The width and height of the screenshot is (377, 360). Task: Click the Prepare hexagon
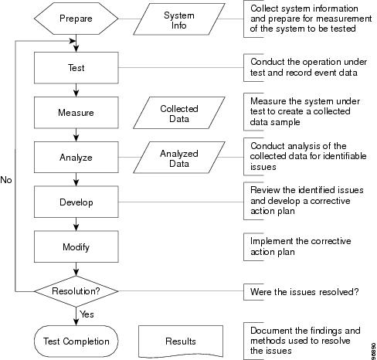[76, 19]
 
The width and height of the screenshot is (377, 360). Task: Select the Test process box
[76, 68]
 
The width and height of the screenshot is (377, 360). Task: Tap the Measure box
[76, 113]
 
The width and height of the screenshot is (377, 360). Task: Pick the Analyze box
[76, 157]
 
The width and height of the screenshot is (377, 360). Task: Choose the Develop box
[76, 202]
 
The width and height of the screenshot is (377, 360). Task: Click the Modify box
[76, 246]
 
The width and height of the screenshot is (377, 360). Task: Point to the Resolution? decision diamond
[76, 291]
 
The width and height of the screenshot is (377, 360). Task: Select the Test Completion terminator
[76, 341]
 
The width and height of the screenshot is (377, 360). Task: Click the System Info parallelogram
[179, 19]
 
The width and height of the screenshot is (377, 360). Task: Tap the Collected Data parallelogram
[179, 113]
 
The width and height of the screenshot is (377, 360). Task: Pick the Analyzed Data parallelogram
[179, 158]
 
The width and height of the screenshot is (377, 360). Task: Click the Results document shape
[181, 341]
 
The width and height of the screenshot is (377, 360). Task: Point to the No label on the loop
[6, 180]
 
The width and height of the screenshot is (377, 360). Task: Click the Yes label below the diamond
[87, 314]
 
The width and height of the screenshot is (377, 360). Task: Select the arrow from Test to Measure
[76, 90]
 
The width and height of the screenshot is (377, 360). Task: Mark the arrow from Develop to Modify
[76, 224]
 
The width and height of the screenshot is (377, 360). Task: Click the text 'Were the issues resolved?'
[304, 292]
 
